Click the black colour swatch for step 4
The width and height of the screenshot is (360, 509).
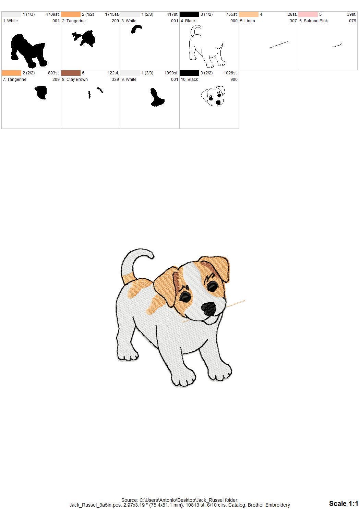pyautogui.click(x=189, y=14)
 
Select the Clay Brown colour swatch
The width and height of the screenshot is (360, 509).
pyautogui.click(x=71, y=73)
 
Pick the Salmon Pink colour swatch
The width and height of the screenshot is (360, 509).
pyautogui.click(x=308, y=14)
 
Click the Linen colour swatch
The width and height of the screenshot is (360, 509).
pyautogui.click(x=248, y=14)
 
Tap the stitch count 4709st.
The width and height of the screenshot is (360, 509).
pyautogui.click(x=52, y=14)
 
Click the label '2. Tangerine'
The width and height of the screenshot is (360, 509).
pyautogui.click(x=74, y=21)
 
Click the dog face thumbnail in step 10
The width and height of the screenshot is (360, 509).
pyautogui.click(x=213, y=96)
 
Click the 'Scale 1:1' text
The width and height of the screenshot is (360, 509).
pyautogui.click(x=343, y=503)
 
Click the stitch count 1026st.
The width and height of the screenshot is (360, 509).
pyautogui.click(x=230, y=73)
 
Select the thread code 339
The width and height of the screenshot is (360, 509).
pyautogui.click(x=115, y=80)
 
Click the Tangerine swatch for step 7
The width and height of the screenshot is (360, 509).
pyautogui.click(x=11, y=73)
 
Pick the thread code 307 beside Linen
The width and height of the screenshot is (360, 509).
pyautogui.click(x=293, y=21)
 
